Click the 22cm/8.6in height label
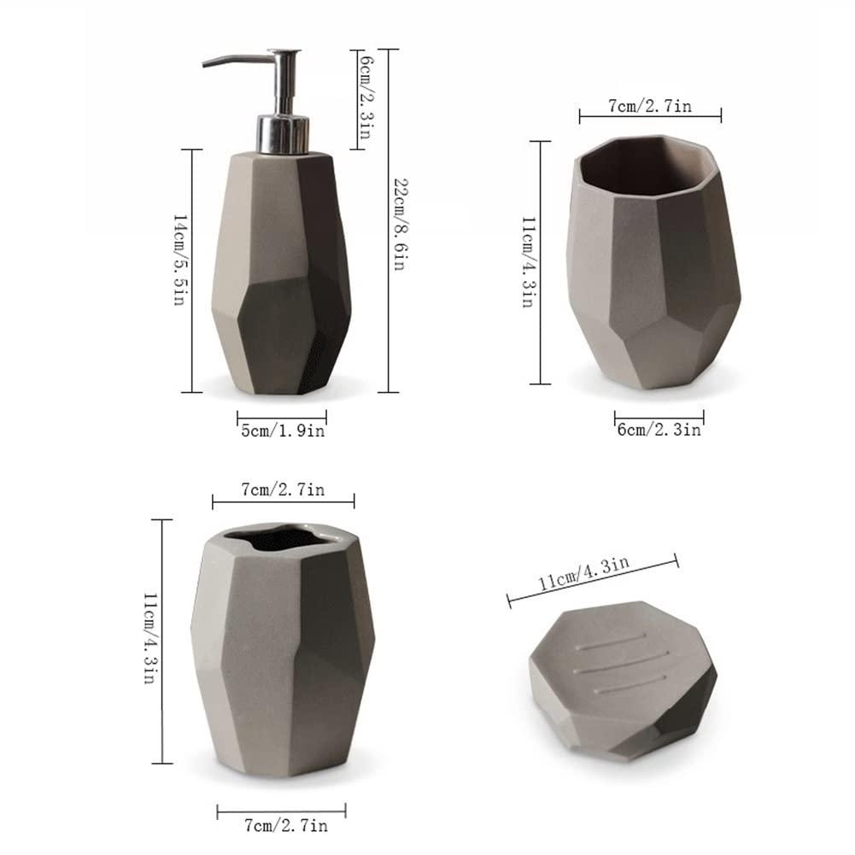coord(400,224)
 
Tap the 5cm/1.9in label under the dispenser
coord(283,431)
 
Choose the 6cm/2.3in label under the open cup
coord(659,431)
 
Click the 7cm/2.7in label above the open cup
coord(650,105)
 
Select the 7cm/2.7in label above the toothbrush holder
coord(283,490)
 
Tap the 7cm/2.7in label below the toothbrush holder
coord(283,825)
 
